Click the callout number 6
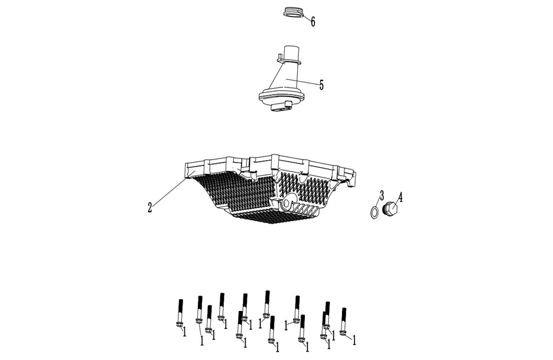(313, 22)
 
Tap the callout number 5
(321, 85)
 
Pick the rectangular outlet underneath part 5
(281, 108)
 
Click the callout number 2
(150, 207)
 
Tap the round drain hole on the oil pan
(287, 203)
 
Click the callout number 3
(382, 196)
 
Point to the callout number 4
(401, 197)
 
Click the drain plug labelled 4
(389, 209)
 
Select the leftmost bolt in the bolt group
(180, 313)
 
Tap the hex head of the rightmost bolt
(343, 332)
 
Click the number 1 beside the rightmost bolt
(354, 340)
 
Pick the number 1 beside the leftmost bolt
(184, 332)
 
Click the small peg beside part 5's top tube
(279, 57)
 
